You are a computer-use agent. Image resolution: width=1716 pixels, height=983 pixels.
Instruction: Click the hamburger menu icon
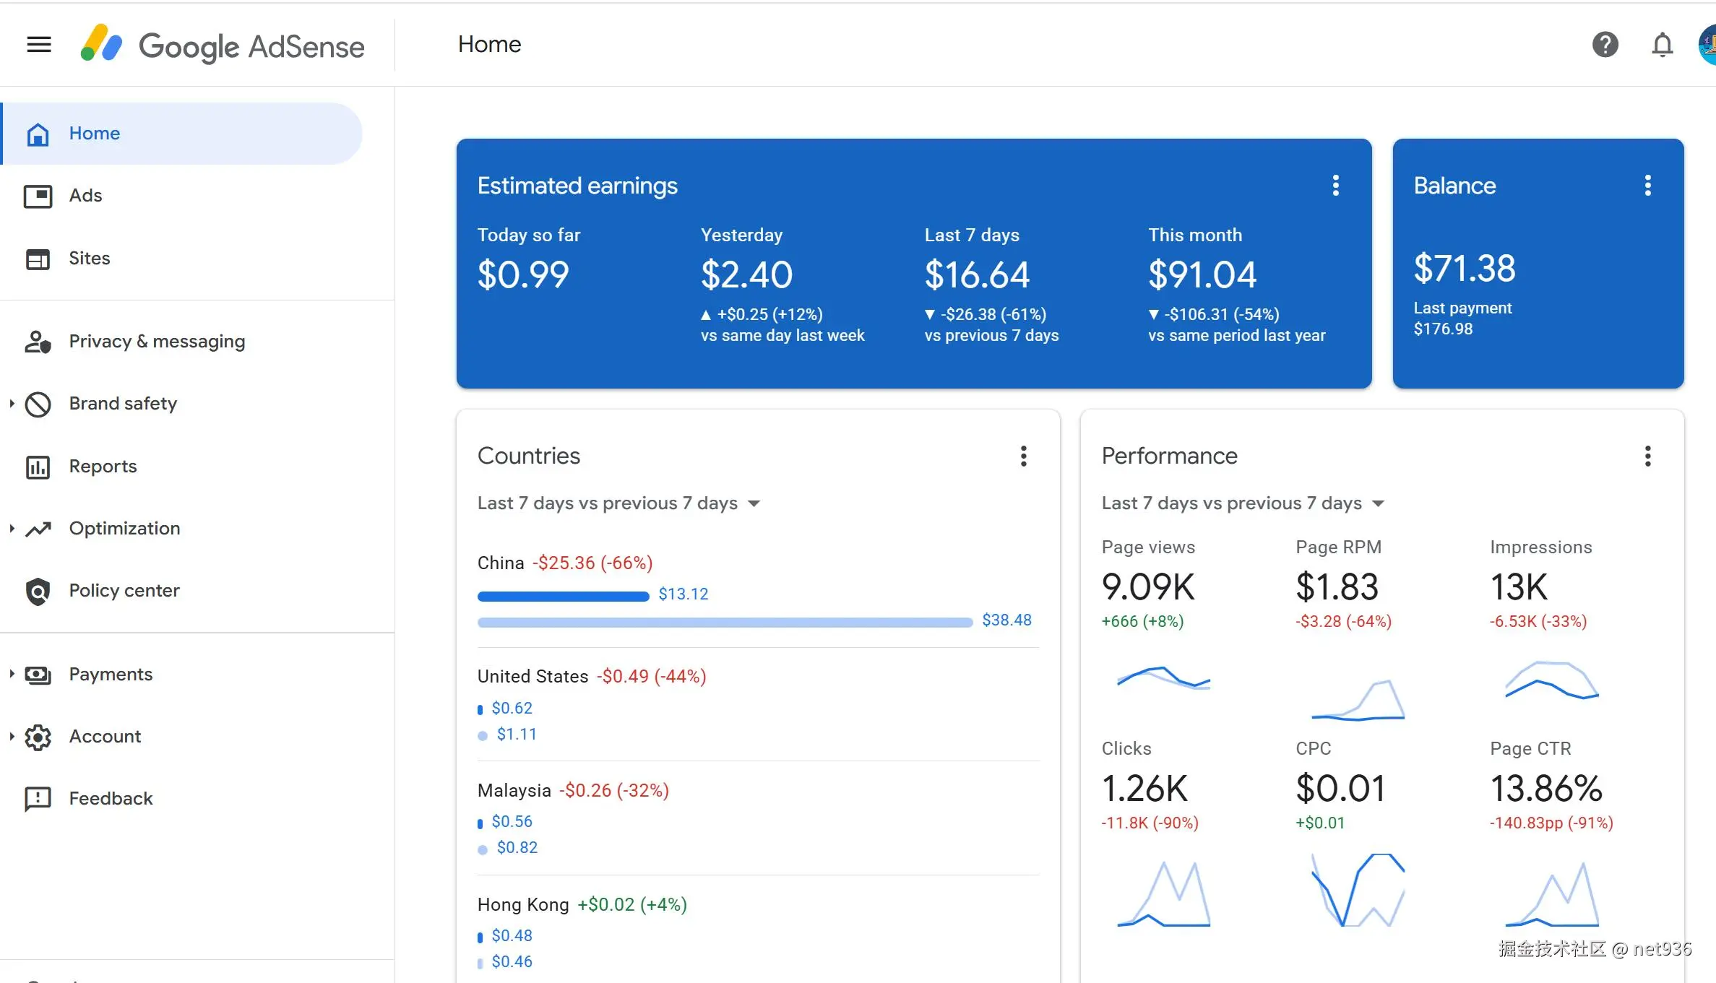39,45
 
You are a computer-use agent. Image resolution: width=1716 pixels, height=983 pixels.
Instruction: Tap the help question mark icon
1605,45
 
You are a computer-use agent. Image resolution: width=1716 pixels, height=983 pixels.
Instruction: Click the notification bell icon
1662,45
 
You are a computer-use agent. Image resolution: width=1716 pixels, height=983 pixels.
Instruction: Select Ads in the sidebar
85,196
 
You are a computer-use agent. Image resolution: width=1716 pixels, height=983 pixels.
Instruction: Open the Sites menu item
89,259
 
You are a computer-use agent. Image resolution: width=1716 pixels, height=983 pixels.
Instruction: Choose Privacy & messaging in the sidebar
157,342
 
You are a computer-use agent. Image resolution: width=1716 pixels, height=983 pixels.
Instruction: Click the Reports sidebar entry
103,467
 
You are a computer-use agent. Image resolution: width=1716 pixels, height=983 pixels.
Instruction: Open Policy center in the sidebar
124,591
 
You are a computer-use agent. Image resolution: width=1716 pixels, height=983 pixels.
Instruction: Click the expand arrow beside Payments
12,674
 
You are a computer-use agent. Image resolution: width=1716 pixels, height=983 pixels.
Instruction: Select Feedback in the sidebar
111,799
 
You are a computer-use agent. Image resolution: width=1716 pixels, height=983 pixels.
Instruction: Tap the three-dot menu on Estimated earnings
1335,186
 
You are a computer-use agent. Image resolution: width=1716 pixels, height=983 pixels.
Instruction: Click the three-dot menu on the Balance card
1647,186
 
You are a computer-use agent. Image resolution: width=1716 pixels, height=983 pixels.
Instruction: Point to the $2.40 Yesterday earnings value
746,275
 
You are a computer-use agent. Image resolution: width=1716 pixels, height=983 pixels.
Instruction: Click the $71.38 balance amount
1465,269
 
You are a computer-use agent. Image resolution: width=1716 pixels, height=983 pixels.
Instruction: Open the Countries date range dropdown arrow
754,503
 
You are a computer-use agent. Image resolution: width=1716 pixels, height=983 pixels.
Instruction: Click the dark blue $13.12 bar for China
564,597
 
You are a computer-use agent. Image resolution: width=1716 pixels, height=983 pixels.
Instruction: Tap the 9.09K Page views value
1148,587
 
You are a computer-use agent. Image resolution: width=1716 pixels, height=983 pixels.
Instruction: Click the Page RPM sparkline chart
1358,699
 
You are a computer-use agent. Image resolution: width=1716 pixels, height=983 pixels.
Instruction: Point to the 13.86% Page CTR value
1546,789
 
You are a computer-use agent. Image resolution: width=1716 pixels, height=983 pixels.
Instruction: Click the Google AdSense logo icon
101,43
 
